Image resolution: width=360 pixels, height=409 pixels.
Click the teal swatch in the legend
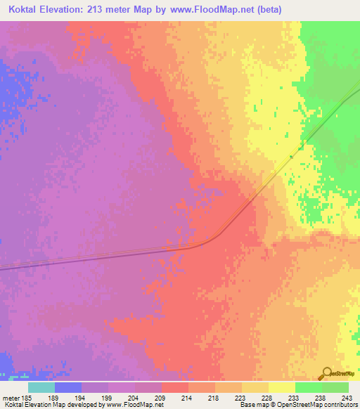click(x=41, y=387)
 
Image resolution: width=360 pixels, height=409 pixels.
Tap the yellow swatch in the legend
click(x=281, y=387)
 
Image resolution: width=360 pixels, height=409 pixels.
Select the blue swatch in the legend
click(x=67, y=387)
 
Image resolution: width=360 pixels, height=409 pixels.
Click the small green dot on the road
click(x=290, y=157)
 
